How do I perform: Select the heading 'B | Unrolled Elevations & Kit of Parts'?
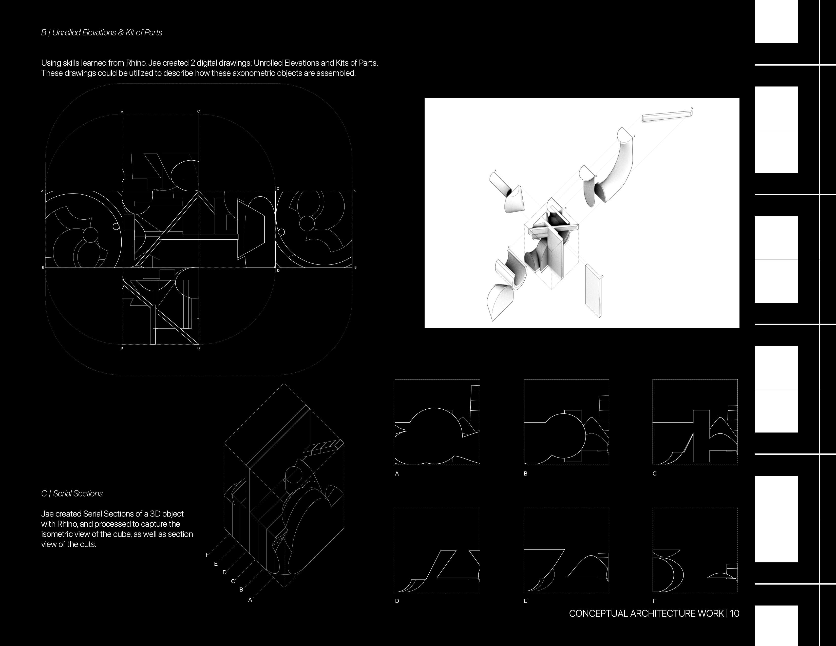(x=101, y=32)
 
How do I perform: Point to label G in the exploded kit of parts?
(x=692, y=108)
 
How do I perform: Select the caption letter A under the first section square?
(x=397, y=473)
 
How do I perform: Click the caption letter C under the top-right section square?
(x=655, y=473)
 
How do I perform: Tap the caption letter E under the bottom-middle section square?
(x=526, y=601)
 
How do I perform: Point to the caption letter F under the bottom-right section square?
(x=654, y=601)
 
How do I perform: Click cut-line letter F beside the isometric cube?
(x=207, y=555)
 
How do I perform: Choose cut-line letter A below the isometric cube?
(x=250, y=600)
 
